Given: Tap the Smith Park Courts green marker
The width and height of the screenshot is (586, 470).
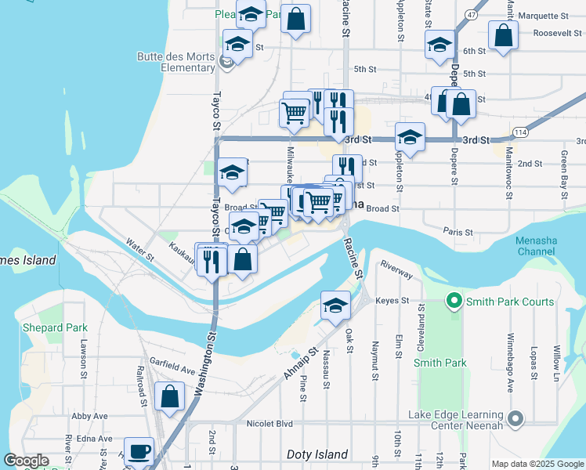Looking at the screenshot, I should (x=453, y=301).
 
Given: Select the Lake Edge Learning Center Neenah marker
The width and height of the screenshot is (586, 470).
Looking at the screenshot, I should (x=515, y=421).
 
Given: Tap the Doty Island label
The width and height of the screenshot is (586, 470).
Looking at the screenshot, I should (x=317, y=454).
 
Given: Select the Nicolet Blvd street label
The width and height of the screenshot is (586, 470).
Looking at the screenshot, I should (x=269, y=424).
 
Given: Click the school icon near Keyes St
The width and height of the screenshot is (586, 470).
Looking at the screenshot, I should (x=335, y=306).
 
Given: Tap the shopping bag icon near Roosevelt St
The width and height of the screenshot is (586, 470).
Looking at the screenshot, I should (x=503, y=35).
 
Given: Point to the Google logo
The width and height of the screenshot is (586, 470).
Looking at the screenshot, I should (x=27, y=461).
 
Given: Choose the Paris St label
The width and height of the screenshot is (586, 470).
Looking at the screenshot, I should (x=458, y=232).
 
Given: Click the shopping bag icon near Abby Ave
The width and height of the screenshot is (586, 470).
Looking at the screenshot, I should (x=170, y=397).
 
